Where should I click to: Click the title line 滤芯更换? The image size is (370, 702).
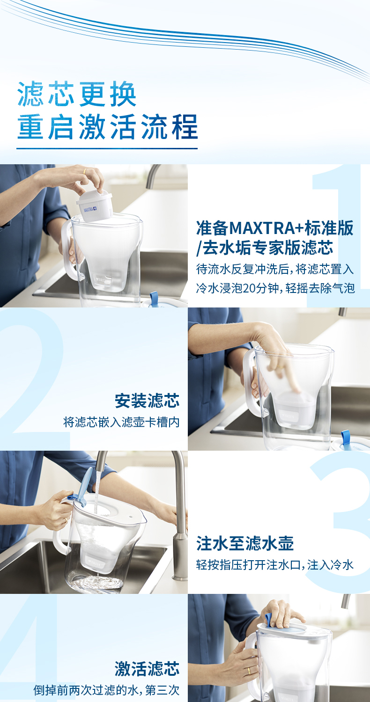(x=77, y=94)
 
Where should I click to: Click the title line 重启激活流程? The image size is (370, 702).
(x=108, y=127)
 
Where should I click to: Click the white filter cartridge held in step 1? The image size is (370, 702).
(x=94, y=205)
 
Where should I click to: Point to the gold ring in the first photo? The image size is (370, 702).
(x=85, y=172)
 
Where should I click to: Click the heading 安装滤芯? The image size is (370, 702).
(x=147, y=401)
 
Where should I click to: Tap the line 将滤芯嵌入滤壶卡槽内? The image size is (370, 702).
(x=121, y=422)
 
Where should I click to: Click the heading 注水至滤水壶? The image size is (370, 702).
(x=245, y=543)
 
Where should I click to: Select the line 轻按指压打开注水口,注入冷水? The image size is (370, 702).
(x=275, y=565)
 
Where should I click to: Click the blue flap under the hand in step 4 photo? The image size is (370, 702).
(x=269, y=620)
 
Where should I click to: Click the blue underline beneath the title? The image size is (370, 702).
(x=107, y=148)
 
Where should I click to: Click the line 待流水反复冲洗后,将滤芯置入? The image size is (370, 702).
(x=275, y=269)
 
